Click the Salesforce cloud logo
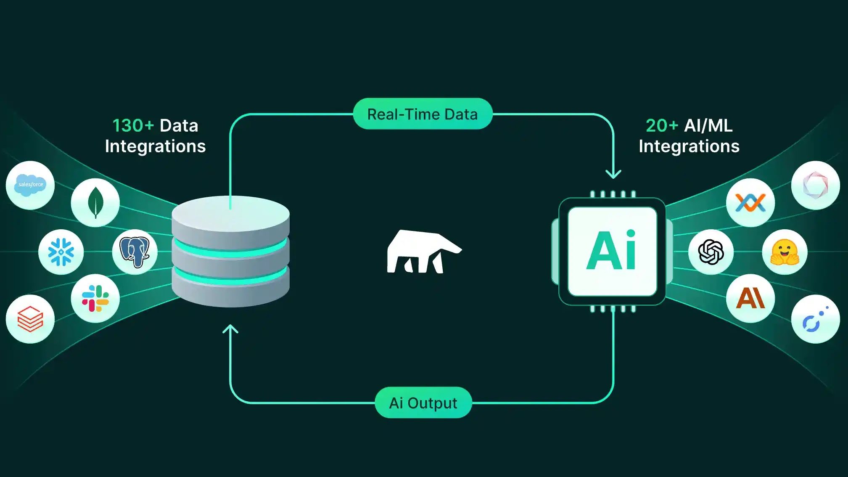pos(30,185)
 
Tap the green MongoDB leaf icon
pos(95,202)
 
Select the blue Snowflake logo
pos(61,252)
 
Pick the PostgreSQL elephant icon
pos(135,252)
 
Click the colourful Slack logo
pos(95,298)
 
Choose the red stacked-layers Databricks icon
pos(30,319)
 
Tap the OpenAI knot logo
pos(711,252)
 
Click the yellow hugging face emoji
pos(785,252)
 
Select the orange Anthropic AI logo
pos(750,298)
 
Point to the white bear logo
pos(423,252)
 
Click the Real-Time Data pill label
pos(423,114)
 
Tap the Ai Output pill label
pos(423,403)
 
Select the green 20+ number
pos(662,125)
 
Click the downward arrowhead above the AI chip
pos(613,174)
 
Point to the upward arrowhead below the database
pos(230,329)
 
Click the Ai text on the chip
pos(612,251)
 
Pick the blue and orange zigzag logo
pos(750,203)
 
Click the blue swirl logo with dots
pos(815,319)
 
